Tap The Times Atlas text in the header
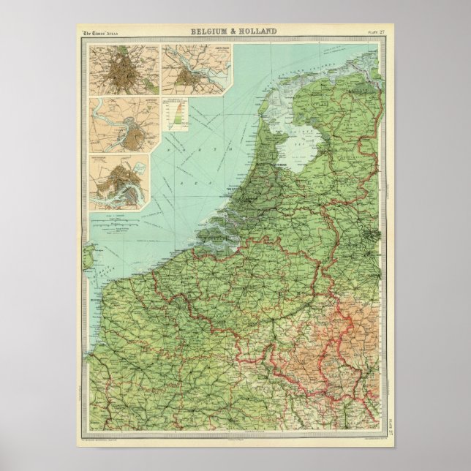tap(101, 33)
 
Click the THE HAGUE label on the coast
tap(240, 187)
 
